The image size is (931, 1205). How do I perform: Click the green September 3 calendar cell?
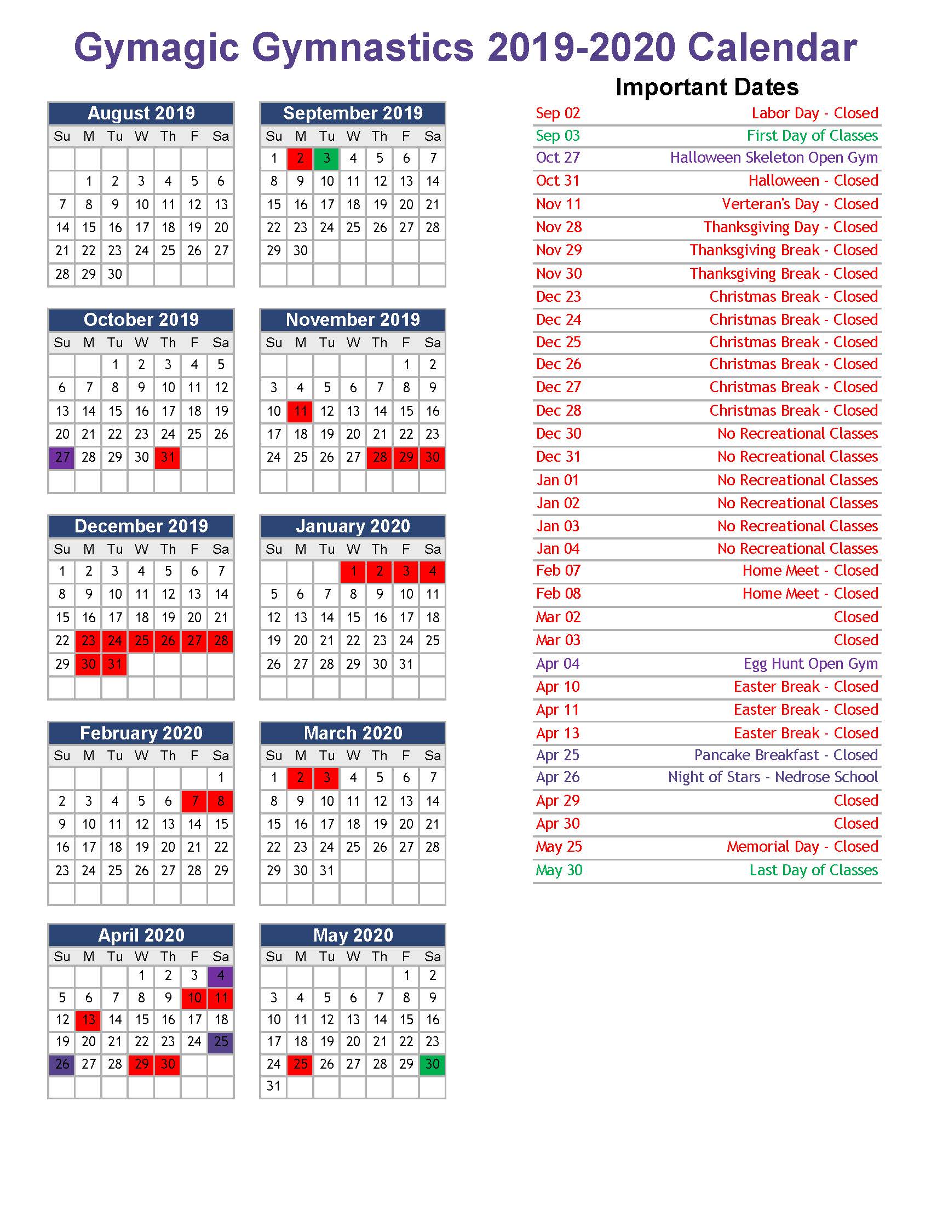coord(326,159)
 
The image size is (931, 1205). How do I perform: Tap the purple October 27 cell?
coord(62,457)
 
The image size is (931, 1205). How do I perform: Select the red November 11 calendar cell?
coord(300,411)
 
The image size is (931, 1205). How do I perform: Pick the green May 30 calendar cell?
coord(433,1064)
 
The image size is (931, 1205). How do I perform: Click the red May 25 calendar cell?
coord(300,1064)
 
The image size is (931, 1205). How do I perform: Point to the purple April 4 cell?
coord(221,976)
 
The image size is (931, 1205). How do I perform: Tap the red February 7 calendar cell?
coord(194,801)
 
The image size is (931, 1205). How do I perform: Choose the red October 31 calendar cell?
coord(168,457)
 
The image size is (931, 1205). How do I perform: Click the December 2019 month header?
coord(141,526)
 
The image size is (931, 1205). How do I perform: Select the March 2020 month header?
coord(353,733)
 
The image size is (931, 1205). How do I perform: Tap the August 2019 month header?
coord(141,113)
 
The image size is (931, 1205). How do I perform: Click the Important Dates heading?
coord(706,87)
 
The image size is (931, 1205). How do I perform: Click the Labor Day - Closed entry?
coord(814,113)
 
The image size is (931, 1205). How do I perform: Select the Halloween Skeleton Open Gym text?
coord(773,158)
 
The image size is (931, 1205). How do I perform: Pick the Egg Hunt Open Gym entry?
coord(810,664)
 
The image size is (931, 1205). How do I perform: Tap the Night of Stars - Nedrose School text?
coord(772,777)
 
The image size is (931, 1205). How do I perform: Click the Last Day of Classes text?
coord(813,870)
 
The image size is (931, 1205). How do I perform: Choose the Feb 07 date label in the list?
coord(558,571)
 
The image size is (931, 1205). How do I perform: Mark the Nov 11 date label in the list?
coord(558,204)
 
